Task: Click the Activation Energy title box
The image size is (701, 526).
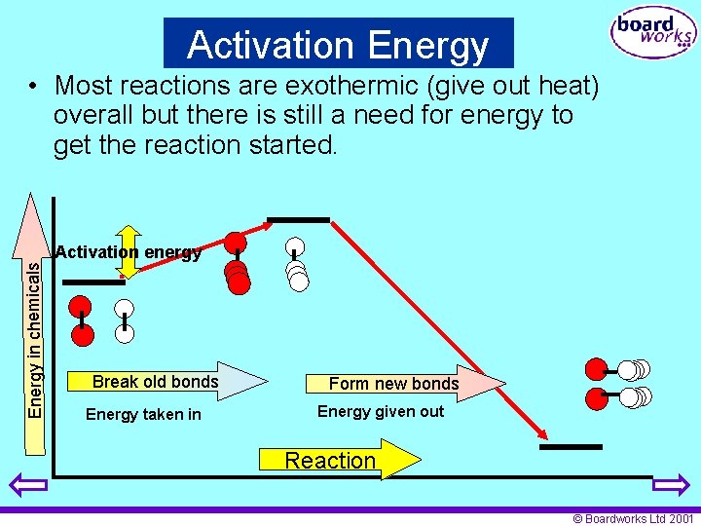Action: coord(338,44)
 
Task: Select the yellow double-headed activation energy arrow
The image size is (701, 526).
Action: coord(129,251)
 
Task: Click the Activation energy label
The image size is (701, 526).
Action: coord(129,252)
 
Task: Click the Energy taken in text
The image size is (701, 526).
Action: coord(143,414)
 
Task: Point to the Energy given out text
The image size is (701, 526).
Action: coord(381,411)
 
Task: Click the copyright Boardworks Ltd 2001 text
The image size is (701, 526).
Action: coord(633,518)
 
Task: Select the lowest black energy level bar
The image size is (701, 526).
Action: coord(571,447)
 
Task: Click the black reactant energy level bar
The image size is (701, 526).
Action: coord(93,282)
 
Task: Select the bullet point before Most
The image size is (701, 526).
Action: coord(34,87)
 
